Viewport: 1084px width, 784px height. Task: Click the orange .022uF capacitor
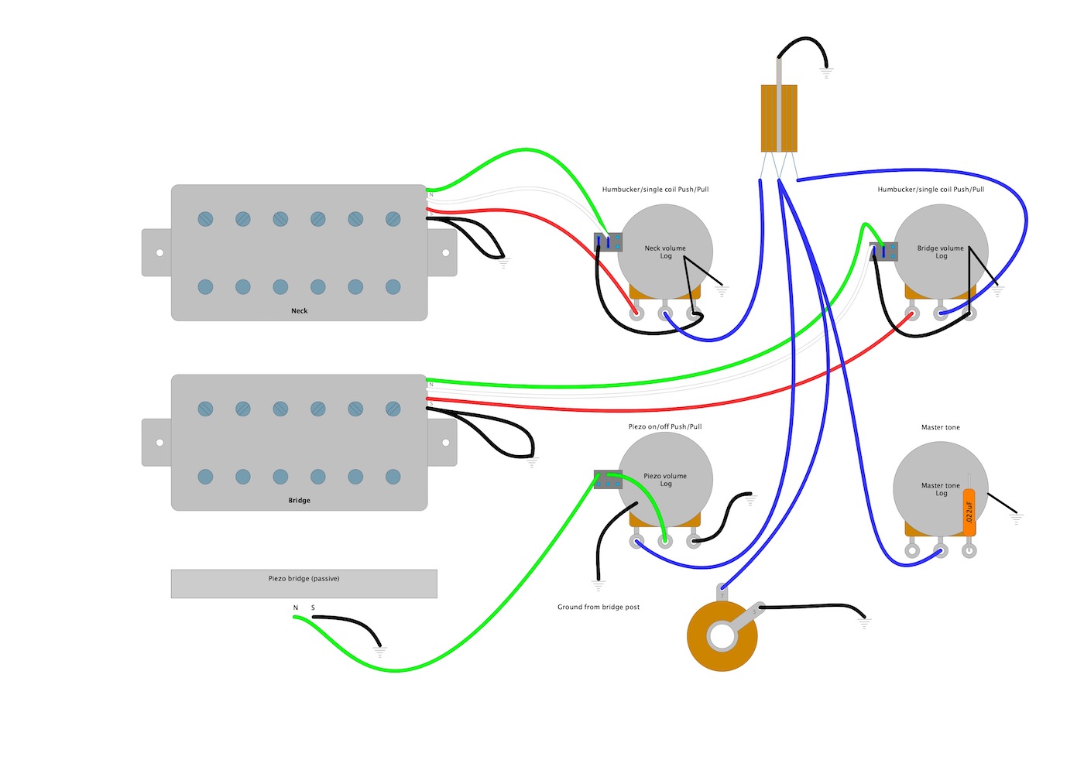(969, 510)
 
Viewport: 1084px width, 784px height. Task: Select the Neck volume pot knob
(665, 252)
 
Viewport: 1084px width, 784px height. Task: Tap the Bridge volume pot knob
(941, 252)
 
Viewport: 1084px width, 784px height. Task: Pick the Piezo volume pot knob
(665, 480)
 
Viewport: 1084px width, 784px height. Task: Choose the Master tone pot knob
(941, 489)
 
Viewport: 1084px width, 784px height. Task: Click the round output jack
(722, 636)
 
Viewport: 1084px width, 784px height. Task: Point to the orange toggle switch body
(779, 118)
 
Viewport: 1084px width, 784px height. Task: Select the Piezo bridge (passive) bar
(304, 584)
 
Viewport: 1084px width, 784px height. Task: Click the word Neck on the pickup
(300, 311)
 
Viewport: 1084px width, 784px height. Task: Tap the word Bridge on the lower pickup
(300, 501)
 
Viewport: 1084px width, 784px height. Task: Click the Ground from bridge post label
(599, 607)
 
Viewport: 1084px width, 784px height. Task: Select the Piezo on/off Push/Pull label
(665, 426)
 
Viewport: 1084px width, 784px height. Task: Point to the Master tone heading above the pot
(941, 427)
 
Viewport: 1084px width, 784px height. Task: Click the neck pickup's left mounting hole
(160, 253)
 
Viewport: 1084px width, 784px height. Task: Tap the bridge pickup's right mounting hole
(445, 443)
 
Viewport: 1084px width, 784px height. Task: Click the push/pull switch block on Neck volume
(608, 242)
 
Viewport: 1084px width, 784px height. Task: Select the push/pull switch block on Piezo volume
(608, 480)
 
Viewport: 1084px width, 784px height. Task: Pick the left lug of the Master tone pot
(912, 551)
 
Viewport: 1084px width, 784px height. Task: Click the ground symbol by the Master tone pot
(1017, 519)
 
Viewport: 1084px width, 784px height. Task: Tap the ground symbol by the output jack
(864, 622)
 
